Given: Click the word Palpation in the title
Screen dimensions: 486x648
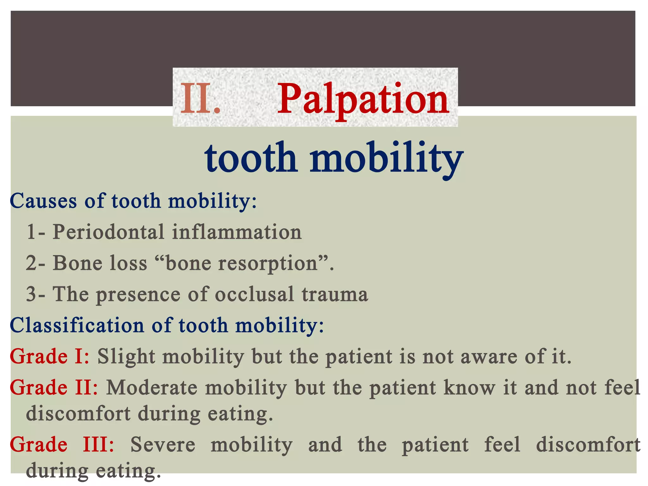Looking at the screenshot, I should pyautogui.click(x=363, y=100).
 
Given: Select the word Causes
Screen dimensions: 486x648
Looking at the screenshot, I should pyautogui.click(x=43, y=201).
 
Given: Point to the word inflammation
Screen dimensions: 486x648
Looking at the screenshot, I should pyautogui.click(x=237, y=232).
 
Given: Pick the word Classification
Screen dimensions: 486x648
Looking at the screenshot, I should pyautogui.click(x=77, y=325).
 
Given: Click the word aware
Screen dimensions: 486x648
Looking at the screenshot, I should pyautogui.click(x=489, y=357).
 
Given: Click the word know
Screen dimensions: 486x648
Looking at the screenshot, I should pyautogui.click(x=469, y=388).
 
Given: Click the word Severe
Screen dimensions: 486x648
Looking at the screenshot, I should pyautogui.click(x=163, y=445).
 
